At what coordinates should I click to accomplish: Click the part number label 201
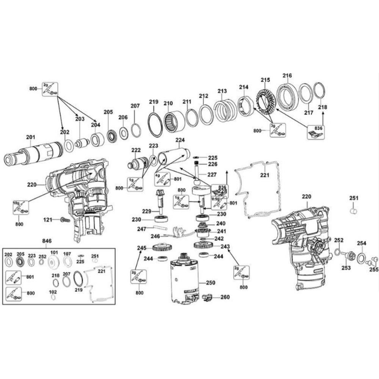[x=30, y=137]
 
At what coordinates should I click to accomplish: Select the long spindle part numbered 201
[x=34, y=153]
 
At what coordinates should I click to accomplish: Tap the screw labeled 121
[x=65, y=219]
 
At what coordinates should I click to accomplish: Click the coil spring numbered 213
[x=224, y=110]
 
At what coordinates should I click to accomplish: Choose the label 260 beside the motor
[x=225, y=297]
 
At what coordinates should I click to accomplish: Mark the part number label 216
[x=287, y=75]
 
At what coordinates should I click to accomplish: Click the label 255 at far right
[x=374, y=269]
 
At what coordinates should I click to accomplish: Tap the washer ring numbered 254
[x=361, y=258]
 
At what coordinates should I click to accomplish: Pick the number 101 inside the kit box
[x=54, y=253]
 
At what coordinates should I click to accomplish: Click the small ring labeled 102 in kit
[x=53, y=296]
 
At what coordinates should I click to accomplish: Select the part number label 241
[x=221, y=231]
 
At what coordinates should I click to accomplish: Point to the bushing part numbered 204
[x=97, y=140]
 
